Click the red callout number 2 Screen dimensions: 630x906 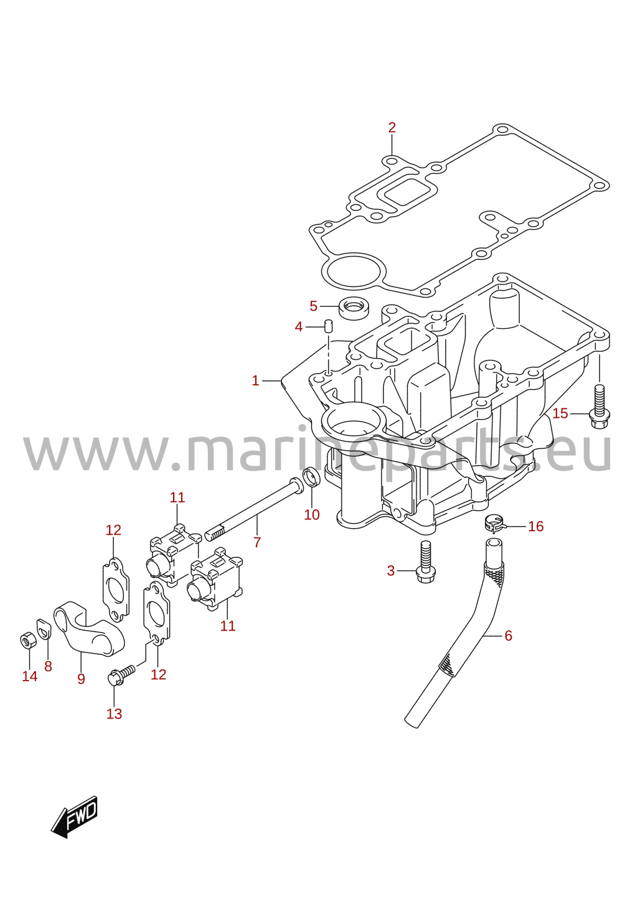[392, 128]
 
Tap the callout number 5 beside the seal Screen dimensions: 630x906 [313, 306]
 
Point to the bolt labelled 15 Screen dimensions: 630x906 [600, 407]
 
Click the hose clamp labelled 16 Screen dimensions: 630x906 [494, 524]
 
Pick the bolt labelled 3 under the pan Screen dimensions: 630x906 [425, 562]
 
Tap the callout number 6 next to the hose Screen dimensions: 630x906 [508, 635]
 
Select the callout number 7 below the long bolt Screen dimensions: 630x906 [257, 542]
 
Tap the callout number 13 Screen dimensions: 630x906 [114, 714]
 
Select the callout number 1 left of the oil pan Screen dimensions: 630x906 [255, 380]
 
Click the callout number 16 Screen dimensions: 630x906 [535, 526]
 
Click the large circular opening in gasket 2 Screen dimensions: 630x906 [354, 271]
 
